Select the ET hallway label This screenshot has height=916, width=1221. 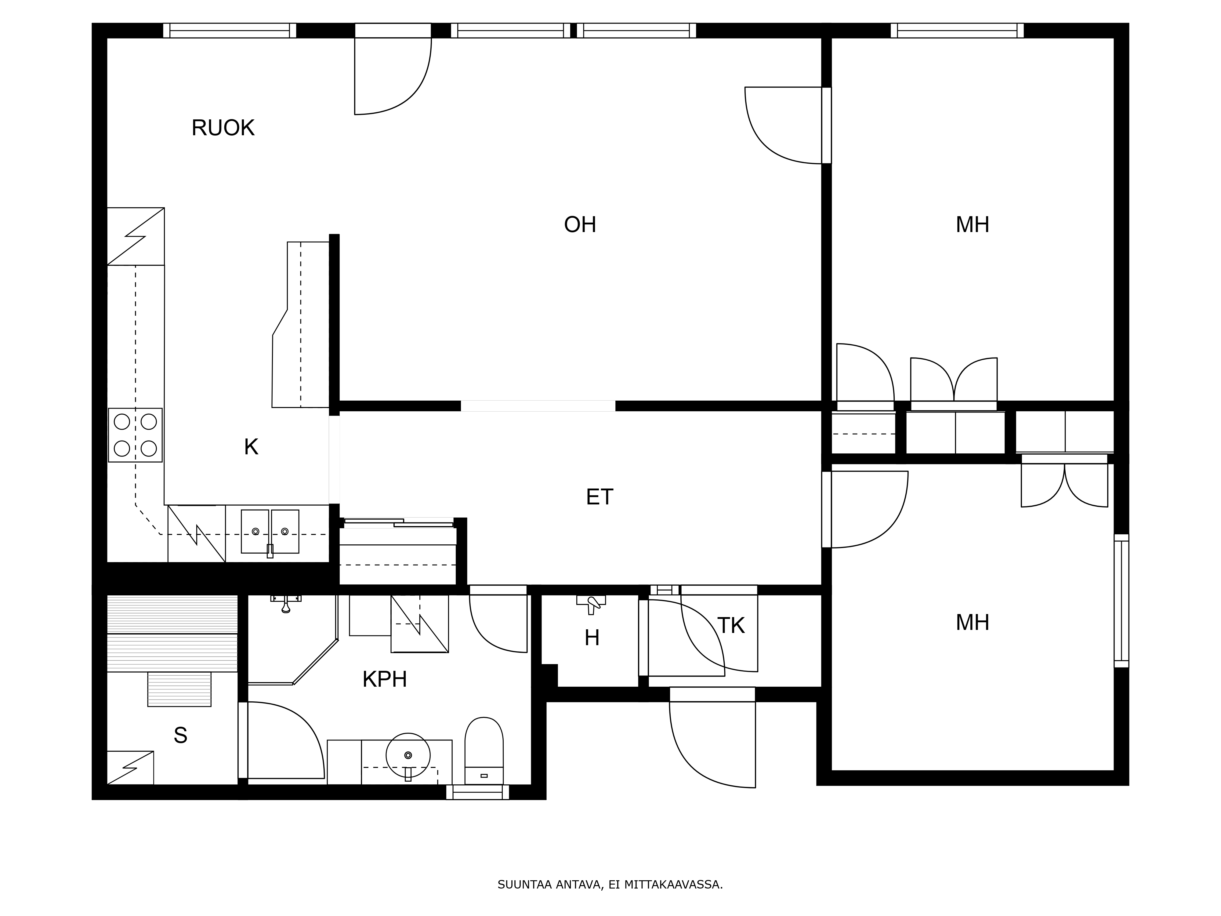tap(600, 497)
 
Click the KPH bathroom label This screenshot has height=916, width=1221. tap(384, 679)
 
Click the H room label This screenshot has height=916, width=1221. tap(592, 638)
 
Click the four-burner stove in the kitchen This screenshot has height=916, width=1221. tap(135, 435)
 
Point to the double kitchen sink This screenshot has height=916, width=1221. tap(270, 532)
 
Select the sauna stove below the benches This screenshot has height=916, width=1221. tap(179, 689)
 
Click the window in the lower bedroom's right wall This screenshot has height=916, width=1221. tap(1121, 601)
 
